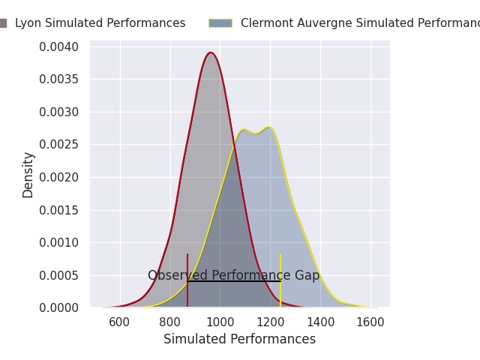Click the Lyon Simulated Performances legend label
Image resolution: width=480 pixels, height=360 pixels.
[100, 23]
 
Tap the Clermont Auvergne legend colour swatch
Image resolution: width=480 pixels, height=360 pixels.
[220, 23]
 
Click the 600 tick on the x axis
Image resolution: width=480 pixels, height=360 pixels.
[120, 322]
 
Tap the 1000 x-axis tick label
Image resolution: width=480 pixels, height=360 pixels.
[220, 322]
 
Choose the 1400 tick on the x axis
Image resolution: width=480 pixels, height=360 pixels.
[320, 322]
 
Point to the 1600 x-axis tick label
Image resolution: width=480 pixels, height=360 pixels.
[370, 322]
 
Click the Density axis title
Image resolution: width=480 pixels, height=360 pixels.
[28, 175]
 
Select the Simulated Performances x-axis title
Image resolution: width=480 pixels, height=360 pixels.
[239, 340]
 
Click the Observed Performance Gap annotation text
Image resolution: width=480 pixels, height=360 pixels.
[233, 275]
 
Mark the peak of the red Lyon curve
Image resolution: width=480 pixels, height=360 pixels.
[211, 53]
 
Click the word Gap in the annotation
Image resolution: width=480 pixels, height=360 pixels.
[307, 275]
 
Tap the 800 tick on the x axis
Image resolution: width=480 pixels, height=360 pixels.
[170, 322]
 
